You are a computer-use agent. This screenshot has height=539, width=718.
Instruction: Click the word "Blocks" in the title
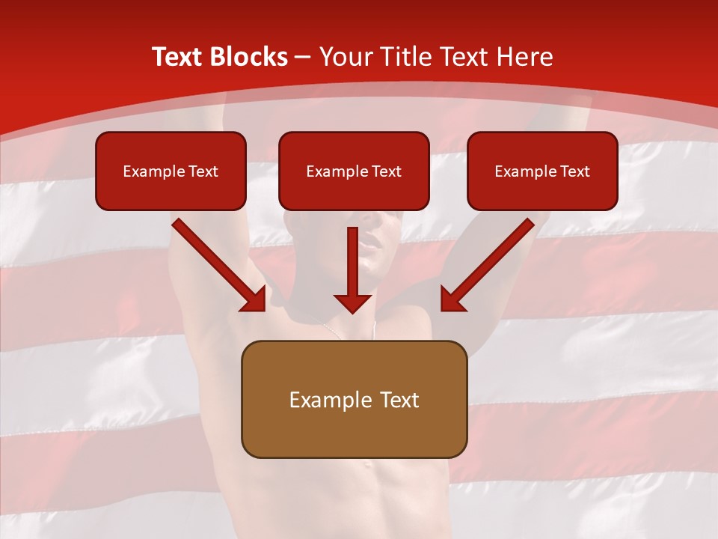click(250, 57)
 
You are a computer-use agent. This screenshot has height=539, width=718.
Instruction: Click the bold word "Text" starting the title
click(179, 57)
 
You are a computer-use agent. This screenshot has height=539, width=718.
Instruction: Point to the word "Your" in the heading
click(344, 57)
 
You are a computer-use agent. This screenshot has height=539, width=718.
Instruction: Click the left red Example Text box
click(171, 171)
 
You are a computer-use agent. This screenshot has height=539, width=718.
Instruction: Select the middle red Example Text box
click(354, 171)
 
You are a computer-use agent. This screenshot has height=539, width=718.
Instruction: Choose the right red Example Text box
click(542, 171)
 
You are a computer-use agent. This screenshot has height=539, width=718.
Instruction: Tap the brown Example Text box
click(354, 399)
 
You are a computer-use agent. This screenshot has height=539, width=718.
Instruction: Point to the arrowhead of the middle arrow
click(352, 302)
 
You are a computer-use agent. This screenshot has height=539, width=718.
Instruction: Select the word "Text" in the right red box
click(575, 171)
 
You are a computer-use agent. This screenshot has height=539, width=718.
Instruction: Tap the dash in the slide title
click(303, 58)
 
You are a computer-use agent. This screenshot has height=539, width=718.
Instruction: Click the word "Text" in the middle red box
click(387, 171)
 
